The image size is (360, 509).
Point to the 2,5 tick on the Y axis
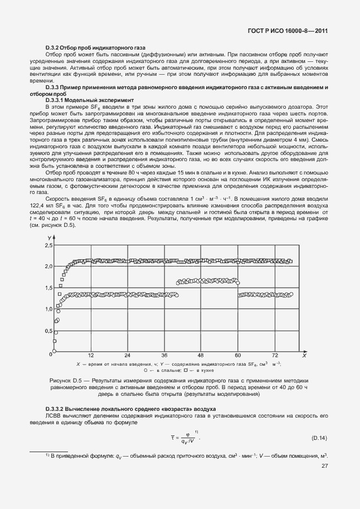(x=48, y=245)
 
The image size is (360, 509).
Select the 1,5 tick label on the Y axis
(x=48, y=288)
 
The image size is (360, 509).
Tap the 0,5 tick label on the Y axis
(x=48, y=331)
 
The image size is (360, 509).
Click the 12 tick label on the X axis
(x=91, y=355)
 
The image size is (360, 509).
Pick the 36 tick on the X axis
(x=164, y=355)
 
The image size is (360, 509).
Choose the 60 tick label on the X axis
(x=238, y=355)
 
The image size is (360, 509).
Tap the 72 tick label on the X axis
(x=275, y=355)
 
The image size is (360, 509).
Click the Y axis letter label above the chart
(x=50, y=237)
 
